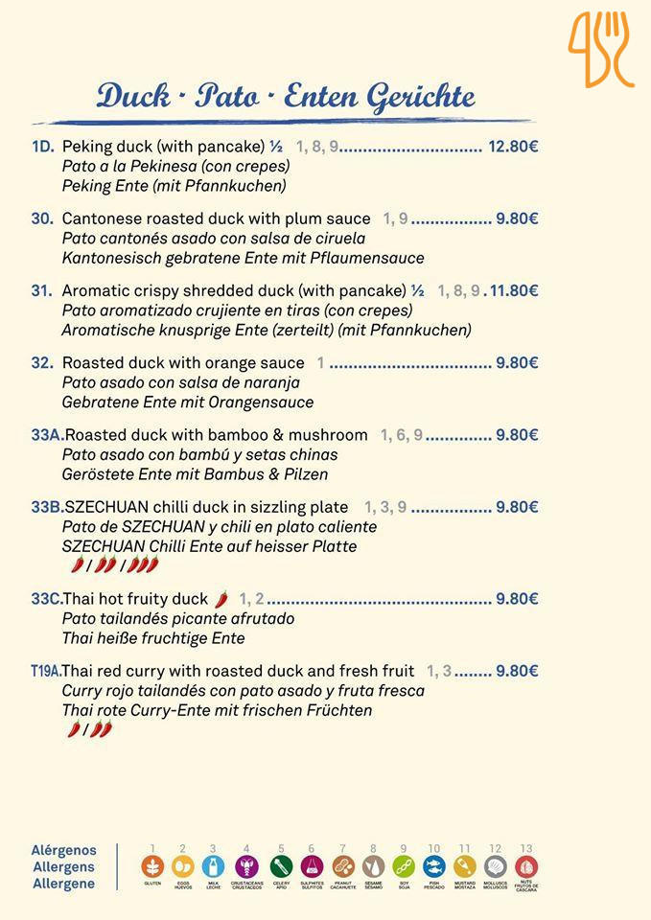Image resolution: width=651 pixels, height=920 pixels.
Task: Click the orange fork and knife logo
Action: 601,49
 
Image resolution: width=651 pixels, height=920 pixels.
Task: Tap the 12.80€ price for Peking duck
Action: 513,147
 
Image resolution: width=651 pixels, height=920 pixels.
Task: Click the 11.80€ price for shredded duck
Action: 515,290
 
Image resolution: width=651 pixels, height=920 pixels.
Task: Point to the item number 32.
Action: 41,363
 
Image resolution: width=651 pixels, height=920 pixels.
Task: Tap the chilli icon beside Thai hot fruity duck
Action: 221,598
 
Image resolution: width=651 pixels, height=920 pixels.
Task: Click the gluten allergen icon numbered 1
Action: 152,866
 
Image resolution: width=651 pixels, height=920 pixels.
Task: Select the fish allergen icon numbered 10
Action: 433,866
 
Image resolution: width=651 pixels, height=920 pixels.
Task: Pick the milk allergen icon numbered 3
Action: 213,866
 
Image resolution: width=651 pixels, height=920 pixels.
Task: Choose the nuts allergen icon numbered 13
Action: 525,866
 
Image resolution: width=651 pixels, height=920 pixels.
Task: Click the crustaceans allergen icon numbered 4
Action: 246,866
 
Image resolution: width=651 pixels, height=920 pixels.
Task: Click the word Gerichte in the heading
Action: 421,96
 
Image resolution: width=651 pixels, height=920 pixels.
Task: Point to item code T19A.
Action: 45,671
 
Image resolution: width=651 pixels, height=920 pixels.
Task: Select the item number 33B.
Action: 47,507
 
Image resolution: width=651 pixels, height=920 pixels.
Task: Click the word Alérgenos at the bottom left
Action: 64,850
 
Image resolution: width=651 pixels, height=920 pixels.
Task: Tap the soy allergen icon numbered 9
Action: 404,866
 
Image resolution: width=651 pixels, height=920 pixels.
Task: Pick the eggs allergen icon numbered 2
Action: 182,866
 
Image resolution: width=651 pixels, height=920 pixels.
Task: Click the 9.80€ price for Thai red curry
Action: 517,671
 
